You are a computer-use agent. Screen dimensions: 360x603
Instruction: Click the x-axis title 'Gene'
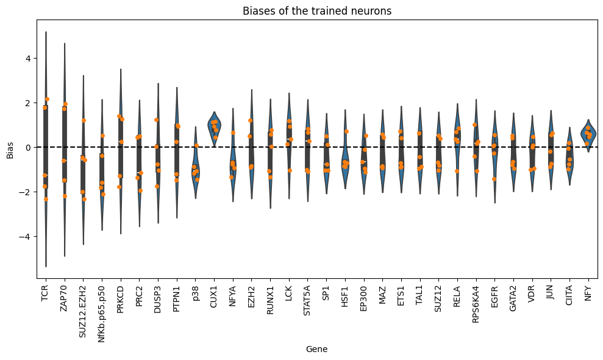(316, 350)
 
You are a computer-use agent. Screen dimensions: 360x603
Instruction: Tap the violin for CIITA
(569, 162)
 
